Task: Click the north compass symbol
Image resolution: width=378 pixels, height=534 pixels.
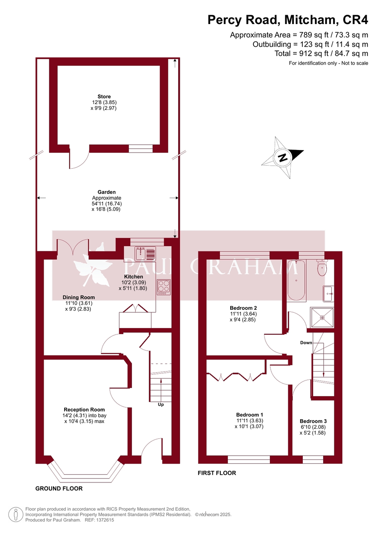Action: [283, 158]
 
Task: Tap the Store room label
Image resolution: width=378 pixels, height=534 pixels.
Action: [104, 97]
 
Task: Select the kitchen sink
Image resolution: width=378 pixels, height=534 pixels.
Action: [146, 254]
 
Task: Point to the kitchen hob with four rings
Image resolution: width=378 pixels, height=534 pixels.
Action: [163, 286]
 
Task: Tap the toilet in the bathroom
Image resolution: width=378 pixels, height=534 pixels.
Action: [321, 267]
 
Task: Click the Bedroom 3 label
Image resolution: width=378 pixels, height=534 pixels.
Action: [313, 421]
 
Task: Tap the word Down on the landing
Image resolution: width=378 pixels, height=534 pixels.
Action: [306, 343]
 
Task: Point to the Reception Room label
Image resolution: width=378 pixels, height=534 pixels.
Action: [84, 409]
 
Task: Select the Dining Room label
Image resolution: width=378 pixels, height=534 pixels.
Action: [78, 297]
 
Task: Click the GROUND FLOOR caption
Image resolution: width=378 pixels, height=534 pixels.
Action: [59, 488]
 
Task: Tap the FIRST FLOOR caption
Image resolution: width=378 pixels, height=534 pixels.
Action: [217, 473]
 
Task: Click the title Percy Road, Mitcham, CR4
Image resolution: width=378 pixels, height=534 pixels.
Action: [288, 20]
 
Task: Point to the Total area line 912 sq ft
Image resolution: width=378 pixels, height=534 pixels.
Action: [321, 53]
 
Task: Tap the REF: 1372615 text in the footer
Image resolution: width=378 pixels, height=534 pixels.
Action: [100, 520]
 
